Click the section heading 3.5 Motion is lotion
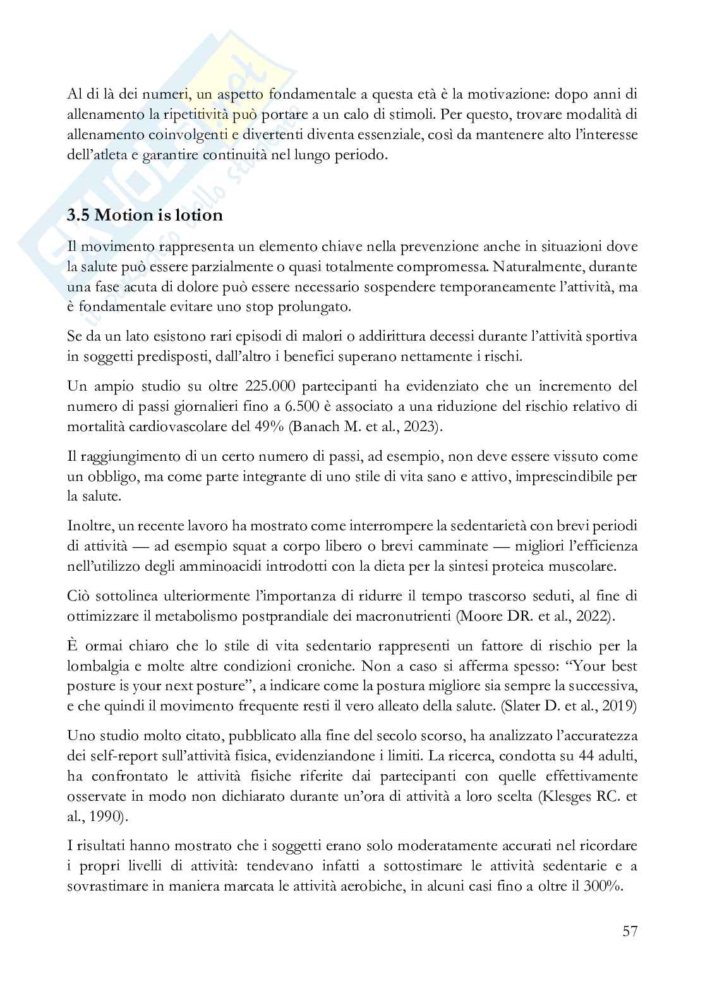[145, 215]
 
